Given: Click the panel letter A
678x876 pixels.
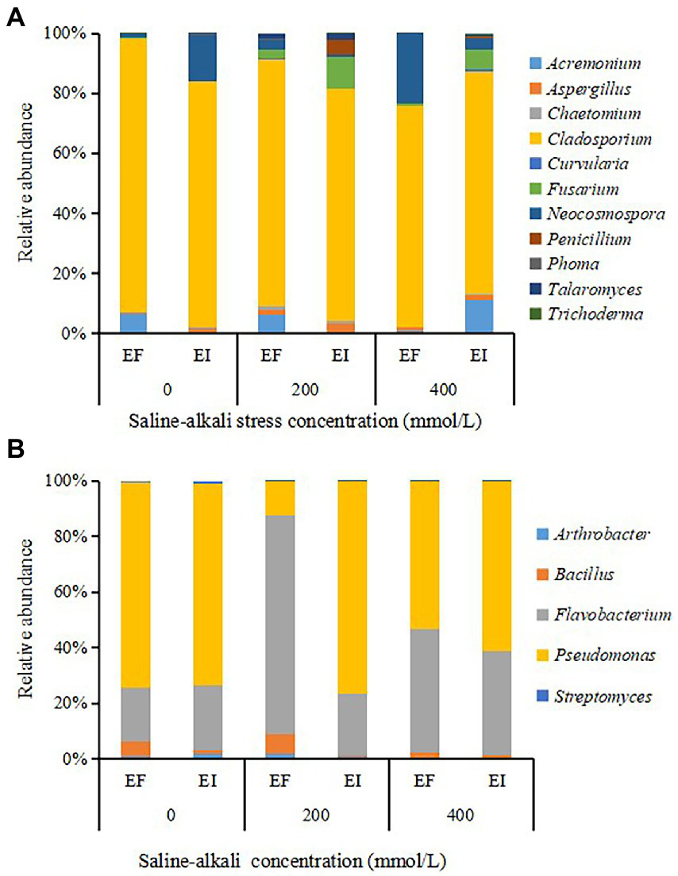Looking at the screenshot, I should click(x=15, y=18).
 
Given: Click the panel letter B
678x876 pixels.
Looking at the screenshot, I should click(x=15, y=449).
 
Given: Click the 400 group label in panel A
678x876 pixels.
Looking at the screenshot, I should click(x=443, y=391).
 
